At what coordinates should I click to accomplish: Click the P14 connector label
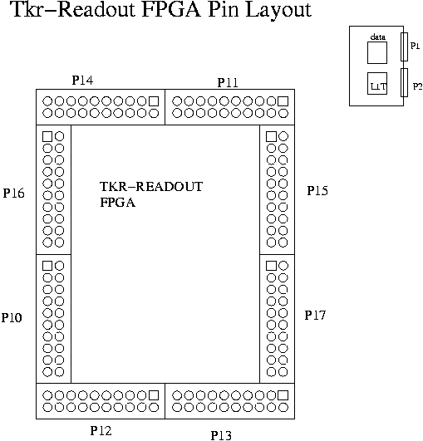click(x=82, y=81)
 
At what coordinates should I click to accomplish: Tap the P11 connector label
click(x=228, y=83)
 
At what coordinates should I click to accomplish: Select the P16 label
click(x=13, y=194)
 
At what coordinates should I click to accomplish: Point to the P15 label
click(x=317, y=191)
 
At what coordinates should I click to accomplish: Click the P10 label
click(x=12, y=317)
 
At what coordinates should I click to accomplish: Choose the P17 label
click(x=315, y=316)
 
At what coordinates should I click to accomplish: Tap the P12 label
click(x=101, y=430)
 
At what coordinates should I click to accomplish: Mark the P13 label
click(x=221, y=435)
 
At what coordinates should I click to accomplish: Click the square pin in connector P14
click(x=154, y=101)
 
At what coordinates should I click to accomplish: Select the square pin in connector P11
click(x=283, y=101)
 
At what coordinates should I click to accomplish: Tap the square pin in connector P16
click(x=47, y=136)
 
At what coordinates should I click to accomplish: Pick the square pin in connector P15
click(x=271, y=136)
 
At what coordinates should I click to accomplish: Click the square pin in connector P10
click(x=47, y=266)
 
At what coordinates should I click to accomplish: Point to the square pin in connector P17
click(x=271, y=266)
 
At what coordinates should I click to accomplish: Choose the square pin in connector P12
click(x=154, y=395)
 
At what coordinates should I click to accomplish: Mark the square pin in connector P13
click(x=283, y=395)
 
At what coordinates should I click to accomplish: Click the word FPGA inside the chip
click(x=118, y=203)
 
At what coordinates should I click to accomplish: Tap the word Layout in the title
click(x=278, y=10)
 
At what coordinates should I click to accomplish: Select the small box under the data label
click(x=377, y=52)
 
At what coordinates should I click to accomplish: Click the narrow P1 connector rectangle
click(x=404, y=47)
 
